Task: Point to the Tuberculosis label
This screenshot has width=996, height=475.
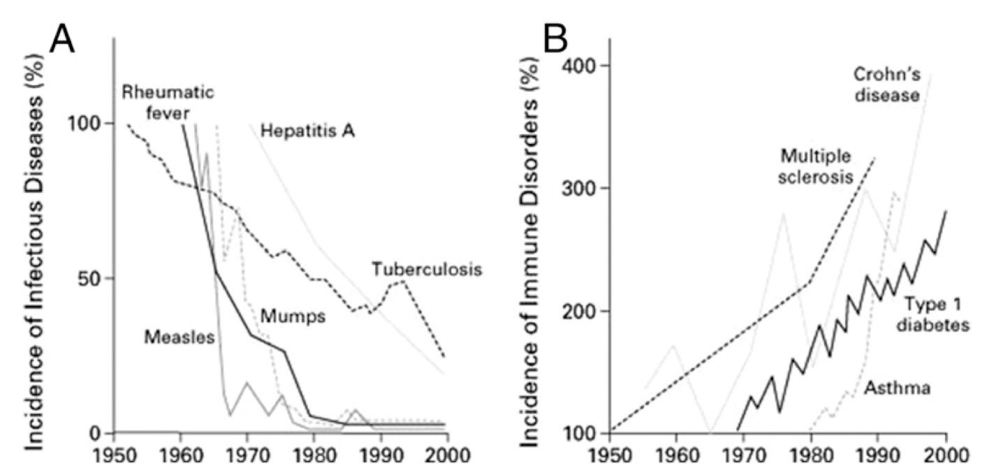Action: pyautogui.click(x=427, y=269)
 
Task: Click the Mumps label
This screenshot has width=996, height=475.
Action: pyautogui.click(x=293, y=316)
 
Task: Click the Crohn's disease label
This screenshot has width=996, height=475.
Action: pyautogui.click(x=886, y=83)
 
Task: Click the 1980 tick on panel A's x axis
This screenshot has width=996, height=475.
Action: pyautogui.click(x=312, y=453)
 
